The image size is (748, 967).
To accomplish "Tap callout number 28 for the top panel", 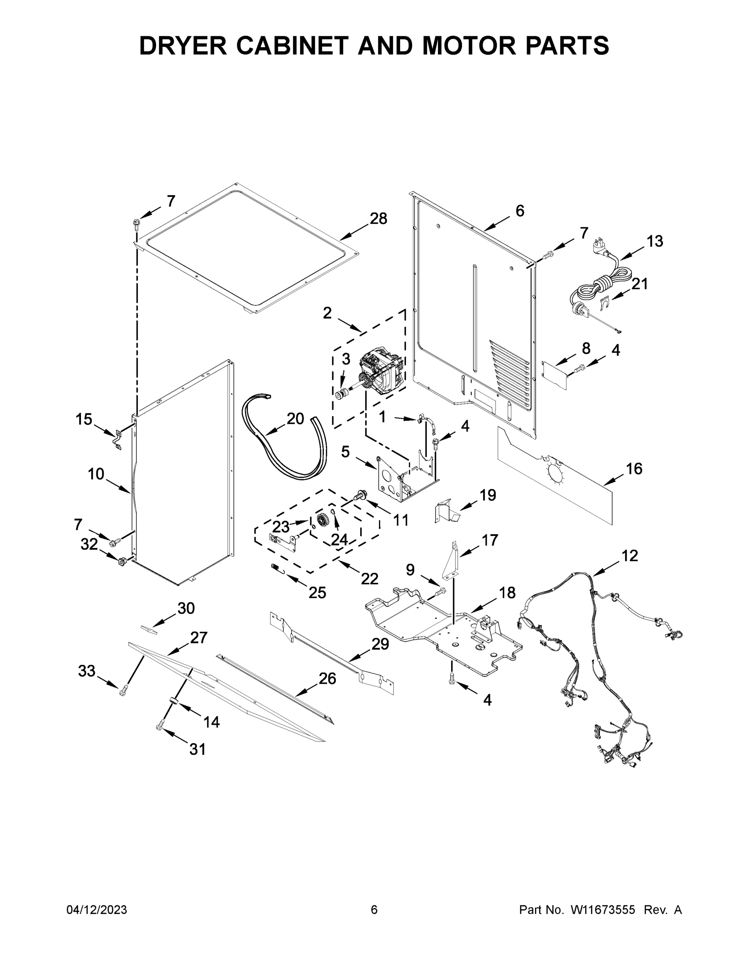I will coord(378,218).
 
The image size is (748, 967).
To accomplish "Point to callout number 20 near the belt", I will coord(295,418).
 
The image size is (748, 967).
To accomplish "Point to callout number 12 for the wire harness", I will coord(630,555).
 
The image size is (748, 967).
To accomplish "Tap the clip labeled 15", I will coord(117,439).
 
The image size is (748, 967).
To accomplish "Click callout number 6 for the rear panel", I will coord(520,211).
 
